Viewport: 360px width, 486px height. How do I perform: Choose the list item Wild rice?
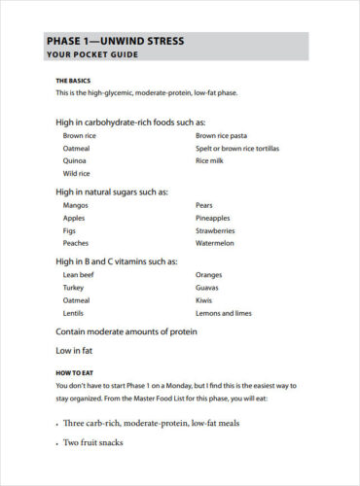(x=76, y=173)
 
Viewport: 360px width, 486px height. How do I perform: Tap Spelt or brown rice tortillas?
(x=236, y=149)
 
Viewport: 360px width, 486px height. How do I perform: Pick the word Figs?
(x=71, y=230)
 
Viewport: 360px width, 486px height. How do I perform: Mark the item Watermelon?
(x=217, y=243)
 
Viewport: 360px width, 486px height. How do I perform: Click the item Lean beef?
(x=78, y=275)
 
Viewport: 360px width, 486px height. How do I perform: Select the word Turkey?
(x=74, y=288)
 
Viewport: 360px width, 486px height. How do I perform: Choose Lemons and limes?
(x=224, y=313)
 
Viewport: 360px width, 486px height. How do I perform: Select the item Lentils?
(x=75, y=313)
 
